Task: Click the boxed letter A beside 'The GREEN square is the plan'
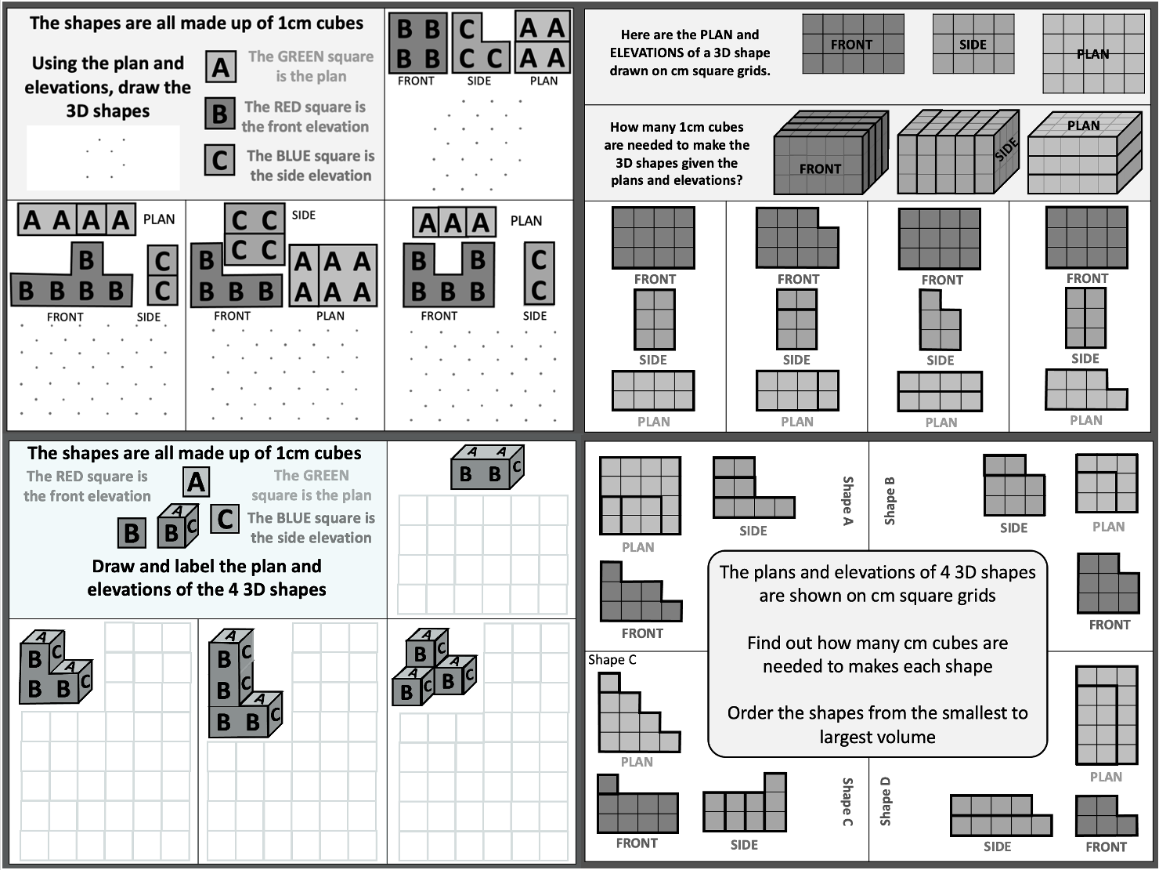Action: pos(221,67)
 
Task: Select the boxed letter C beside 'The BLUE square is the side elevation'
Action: pos(220,160)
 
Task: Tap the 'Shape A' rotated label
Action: pos(847,500)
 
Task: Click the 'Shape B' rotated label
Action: pos(890,500)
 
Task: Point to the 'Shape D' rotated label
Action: pos(886,801)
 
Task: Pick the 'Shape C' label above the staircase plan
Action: pos(612,660)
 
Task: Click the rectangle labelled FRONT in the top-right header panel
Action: pos(853,45)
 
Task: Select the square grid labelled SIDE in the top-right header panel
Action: pos(973,45)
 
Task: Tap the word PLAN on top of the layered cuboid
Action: pos(1083,125)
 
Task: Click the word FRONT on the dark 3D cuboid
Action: pos(820,169)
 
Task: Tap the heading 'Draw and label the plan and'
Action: pos(207,566)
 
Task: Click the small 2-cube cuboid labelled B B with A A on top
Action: pos(487,467)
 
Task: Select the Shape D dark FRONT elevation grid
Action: pos(1106,816)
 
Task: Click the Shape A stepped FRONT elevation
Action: pos(640,593)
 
